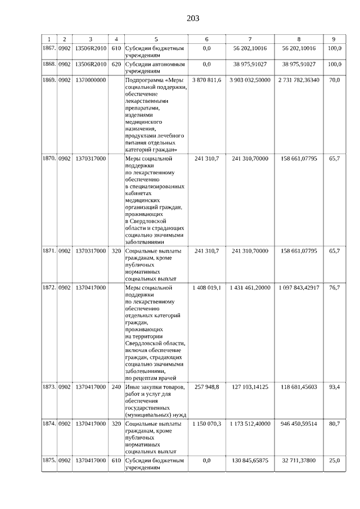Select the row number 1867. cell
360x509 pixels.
pos(49,48)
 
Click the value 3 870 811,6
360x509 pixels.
pos(206,80)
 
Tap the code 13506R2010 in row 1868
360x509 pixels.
pos(90,64)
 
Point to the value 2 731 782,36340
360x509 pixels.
pos(299,80)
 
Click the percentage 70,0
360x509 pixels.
pos(334,80)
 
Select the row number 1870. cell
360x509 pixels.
pos(49,159)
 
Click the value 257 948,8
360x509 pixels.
pos(206,387)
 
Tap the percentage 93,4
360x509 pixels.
pos(334,387)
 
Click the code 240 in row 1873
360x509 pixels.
pos(116,387)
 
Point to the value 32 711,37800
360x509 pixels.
pos(299,460)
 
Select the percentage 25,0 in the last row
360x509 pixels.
pos(334,460)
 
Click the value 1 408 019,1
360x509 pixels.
pos(206,287)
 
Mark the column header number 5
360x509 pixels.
pos(156,39)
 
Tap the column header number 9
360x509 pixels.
pos(334,39)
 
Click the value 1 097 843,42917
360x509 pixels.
pos(299,287)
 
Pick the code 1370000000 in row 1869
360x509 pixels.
pos(90,80)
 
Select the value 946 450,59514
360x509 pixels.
pos(299,423)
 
